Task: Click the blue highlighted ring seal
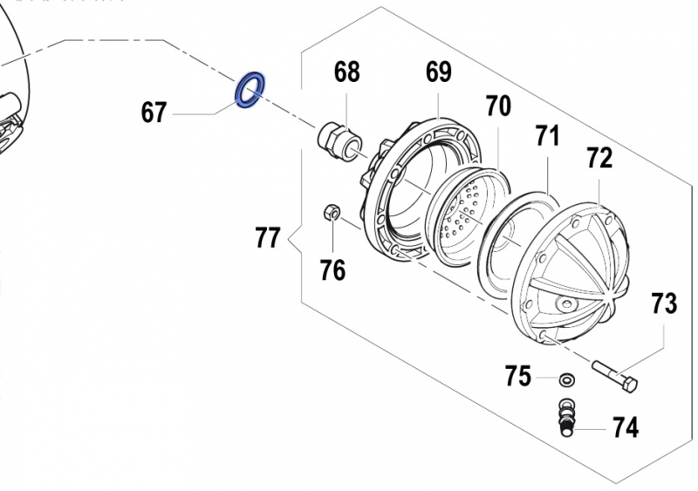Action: coord(250,91)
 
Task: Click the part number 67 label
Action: coord(154,113)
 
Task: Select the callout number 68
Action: coord(346,72)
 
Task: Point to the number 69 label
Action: coord(438,72)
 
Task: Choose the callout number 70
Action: coord(497,106)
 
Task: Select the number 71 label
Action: coord(546,135)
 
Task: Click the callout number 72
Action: coord(599,158)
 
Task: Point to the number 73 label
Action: coord(664,303)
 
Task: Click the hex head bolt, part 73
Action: coord(615,375)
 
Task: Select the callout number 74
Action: coord(625,428)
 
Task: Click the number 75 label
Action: coord(518,377)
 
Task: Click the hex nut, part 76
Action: coord(332,212)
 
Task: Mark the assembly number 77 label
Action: coord(268,237)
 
